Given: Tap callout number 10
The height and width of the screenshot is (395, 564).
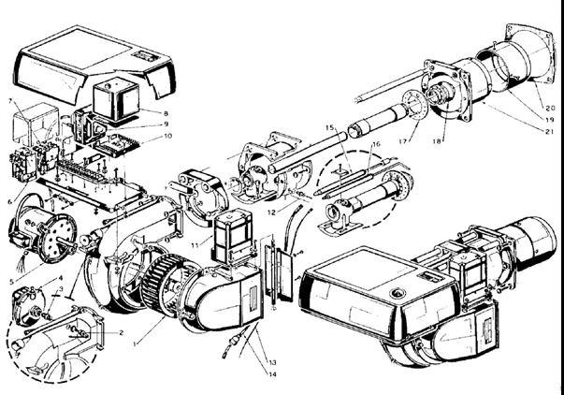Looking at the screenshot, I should pos(168,136).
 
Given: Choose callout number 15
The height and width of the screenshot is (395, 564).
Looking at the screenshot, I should pos(329,127).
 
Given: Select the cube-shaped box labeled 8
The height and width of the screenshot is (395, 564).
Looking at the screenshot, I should pos(119,97).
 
